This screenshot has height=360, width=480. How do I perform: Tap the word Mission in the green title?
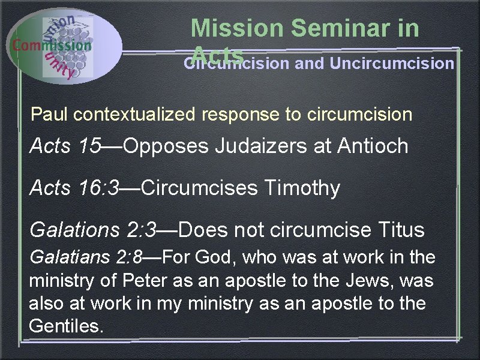[236, 28]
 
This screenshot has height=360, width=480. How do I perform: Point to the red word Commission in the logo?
[52, 45]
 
